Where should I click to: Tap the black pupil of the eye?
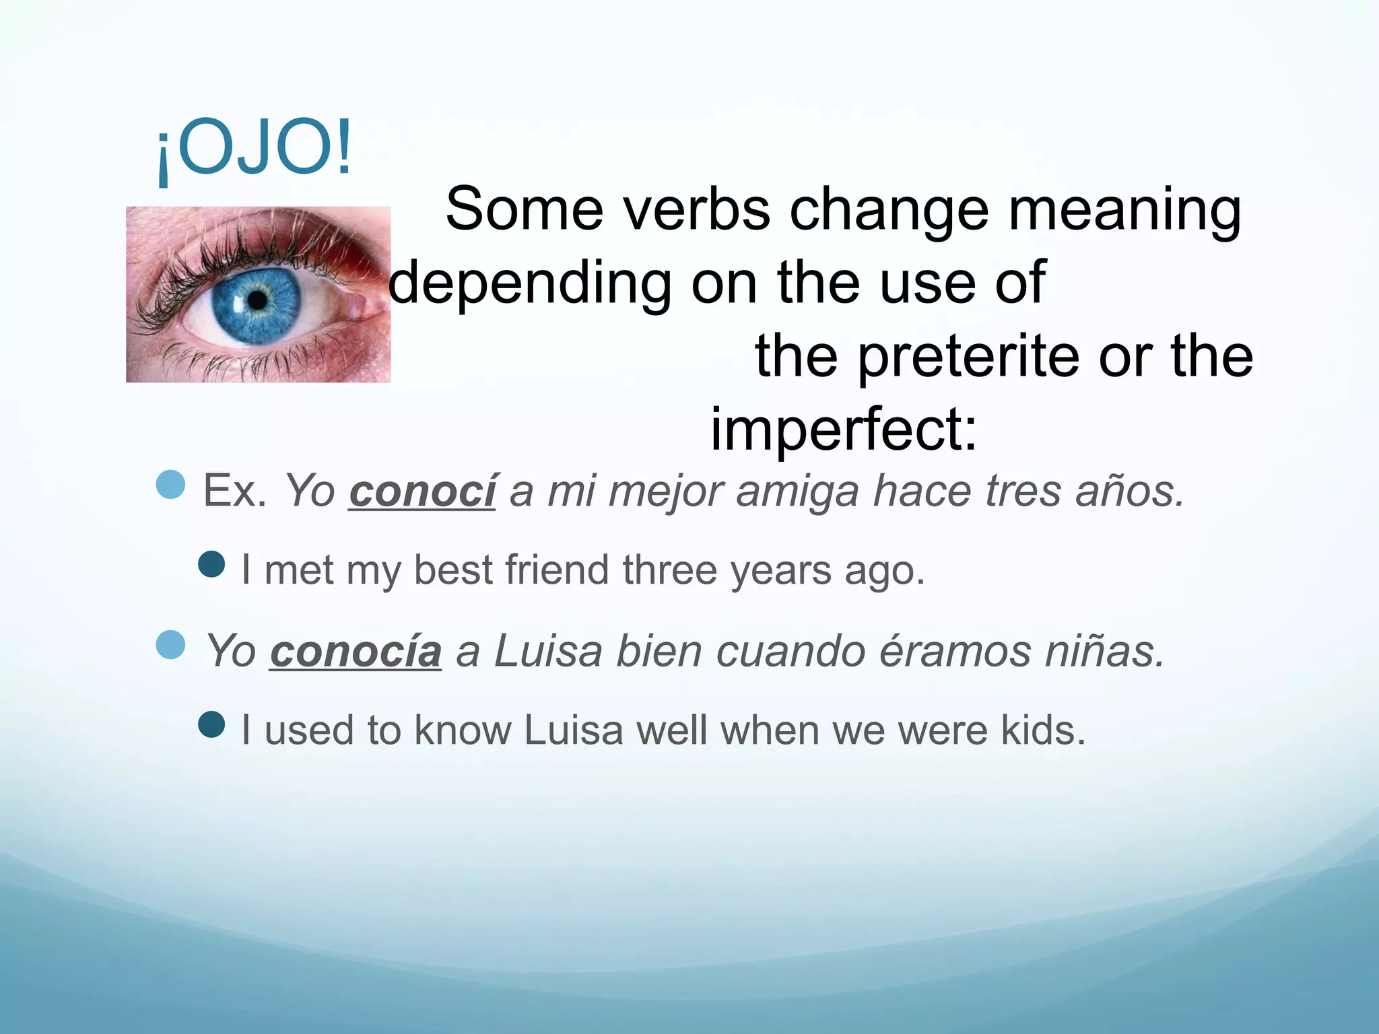(257, 300)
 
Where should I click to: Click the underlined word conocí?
(422, 491)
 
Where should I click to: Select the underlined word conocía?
(356, 652)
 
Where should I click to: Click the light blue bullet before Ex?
(170, 484)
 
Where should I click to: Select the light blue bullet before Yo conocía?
(170, 645)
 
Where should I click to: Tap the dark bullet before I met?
(212, 564)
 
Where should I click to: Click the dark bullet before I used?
(212, 725)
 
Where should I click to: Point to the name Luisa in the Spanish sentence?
(547, 652)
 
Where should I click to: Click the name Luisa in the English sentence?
(574, 730)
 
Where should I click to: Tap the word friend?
(557, 570)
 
